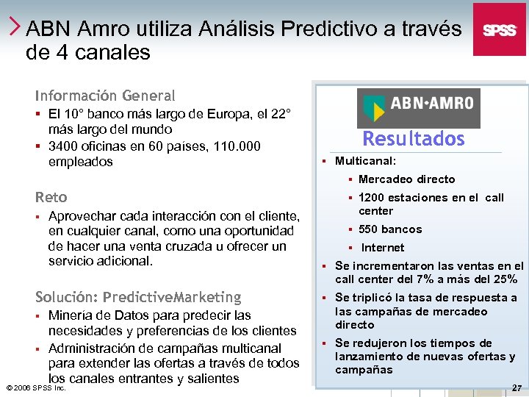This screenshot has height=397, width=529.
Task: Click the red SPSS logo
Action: point(499,29)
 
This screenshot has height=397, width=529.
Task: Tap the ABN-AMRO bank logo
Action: point(418,108)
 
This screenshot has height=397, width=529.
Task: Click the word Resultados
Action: point(414,139)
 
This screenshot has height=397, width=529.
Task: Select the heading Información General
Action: point(105,96)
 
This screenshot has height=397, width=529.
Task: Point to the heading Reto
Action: point(51,197)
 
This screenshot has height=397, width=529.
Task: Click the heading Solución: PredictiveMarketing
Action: point(138,297)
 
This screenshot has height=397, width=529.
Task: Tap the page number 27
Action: point(517,387)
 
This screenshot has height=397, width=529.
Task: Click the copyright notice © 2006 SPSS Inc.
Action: point(35,387)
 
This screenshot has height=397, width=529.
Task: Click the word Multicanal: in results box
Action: point(365,161)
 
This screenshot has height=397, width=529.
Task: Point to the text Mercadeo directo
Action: point(406,179)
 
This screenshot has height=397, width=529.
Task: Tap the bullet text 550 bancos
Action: point(390,229)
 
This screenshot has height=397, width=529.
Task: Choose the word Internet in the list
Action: point(383,248)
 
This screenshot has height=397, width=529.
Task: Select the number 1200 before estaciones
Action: point(372,198)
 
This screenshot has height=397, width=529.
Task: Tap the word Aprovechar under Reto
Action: point(81,216)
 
